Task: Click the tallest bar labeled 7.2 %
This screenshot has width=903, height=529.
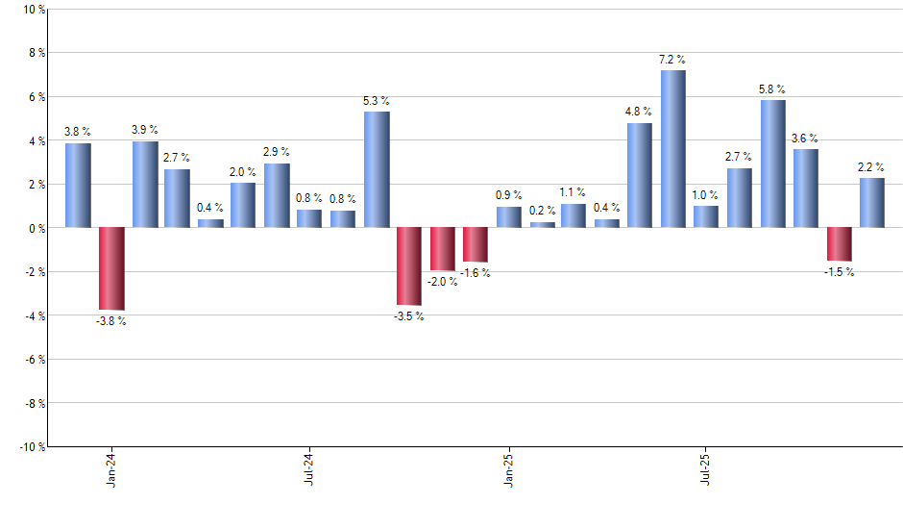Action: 672,149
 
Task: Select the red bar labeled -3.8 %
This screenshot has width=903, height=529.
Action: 111,269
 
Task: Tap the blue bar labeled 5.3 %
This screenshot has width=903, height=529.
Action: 377,170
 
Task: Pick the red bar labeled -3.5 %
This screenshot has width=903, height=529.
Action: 409,266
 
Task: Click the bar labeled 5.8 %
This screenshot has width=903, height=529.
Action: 772,164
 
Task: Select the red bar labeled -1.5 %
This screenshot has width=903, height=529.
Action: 839,244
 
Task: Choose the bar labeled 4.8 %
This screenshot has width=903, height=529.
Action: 640,175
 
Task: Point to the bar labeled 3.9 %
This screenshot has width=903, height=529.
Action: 145,185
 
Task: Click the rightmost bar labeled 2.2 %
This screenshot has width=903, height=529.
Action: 872,203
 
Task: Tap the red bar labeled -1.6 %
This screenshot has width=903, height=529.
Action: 476,245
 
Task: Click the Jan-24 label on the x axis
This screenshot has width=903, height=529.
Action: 111,468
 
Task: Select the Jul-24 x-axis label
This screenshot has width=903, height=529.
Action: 309,468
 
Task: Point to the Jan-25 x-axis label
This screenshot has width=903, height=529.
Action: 508,468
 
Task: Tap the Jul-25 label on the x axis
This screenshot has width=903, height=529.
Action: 706,468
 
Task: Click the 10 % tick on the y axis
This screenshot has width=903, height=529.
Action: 33,10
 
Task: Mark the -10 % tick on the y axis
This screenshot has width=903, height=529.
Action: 31,446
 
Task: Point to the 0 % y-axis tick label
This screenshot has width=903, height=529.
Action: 36,228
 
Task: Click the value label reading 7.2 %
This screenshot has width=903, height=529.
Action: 672,60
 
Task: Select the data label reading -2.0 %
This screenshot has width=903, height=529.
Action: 442,282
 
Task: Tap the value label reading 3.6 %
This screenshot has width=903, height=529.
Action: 805,139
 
